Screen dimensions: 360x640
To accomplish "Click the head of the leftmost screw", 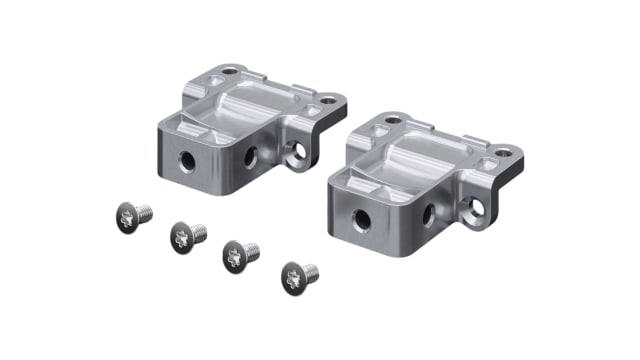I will pos(124,215).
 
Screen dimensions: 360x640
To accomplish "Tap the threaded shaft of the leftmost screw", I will pos(143,211).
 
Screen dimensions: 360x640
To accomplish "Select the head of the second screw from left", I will pos(181,237).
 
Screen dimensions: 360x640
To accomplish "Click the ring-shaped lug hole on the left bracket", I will pos(294,153).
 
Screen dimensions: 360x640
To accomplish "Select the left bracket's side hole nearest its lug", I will pos(251,155).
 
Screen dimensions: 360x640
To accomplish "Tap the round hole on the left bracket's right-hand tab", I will pos(328,100).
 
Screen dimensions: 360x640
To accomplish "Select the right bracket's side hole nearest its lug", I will pos(427,211).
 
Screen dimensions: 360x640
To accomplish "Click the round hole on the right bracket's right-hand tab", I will pos(503,154).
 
